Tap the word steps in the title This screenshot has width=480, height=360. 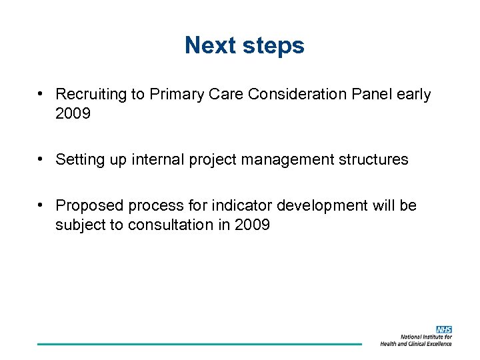coord(273,46)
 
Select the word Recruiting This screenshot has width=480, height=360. coord(91,95)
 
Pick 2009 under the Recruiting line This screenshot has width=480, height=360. coord(73,114)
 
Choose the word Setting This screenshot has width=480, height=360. coord(79,160)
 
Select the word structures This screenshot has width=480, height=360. coord(375,160)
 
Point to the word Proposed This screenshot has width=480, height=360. coord(87,206)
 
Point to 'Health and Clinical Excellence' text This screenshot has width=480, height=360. coord(416,343)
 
